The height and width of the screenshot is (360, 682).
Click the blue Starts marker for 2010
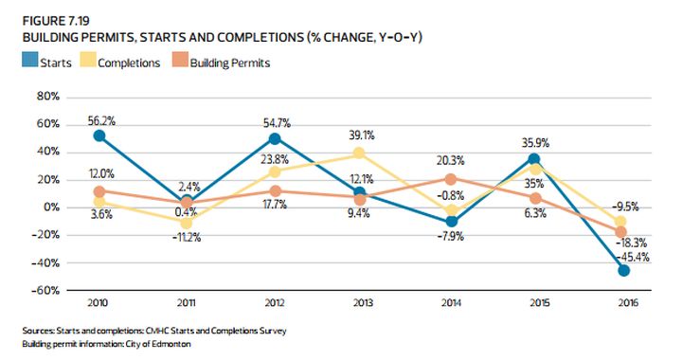pyautogui.click(x=99, y=136)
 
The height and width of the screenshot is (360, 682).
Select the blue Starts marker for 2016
pyautogui.click(x=623, y=270)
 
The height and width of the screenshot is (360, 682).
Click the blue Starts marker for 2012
pyautogui.click(x=274, y=138)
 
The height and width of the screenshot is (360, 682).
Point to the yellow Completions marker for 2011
pyautogui.click(x=187, y=223)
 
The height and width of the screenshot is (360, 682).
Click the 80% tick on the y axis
pyautogui.click(x=47, y=96)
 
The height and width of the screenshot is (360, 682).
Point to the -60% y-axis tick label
pyautogui.click(x=45, y=290)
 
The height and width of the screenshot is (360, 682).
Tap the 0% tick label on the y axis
pyautogui.click(x=50, y=207)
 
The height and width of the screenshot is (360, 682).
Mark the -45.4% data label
pyautogui.click(x=630, y=257)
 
